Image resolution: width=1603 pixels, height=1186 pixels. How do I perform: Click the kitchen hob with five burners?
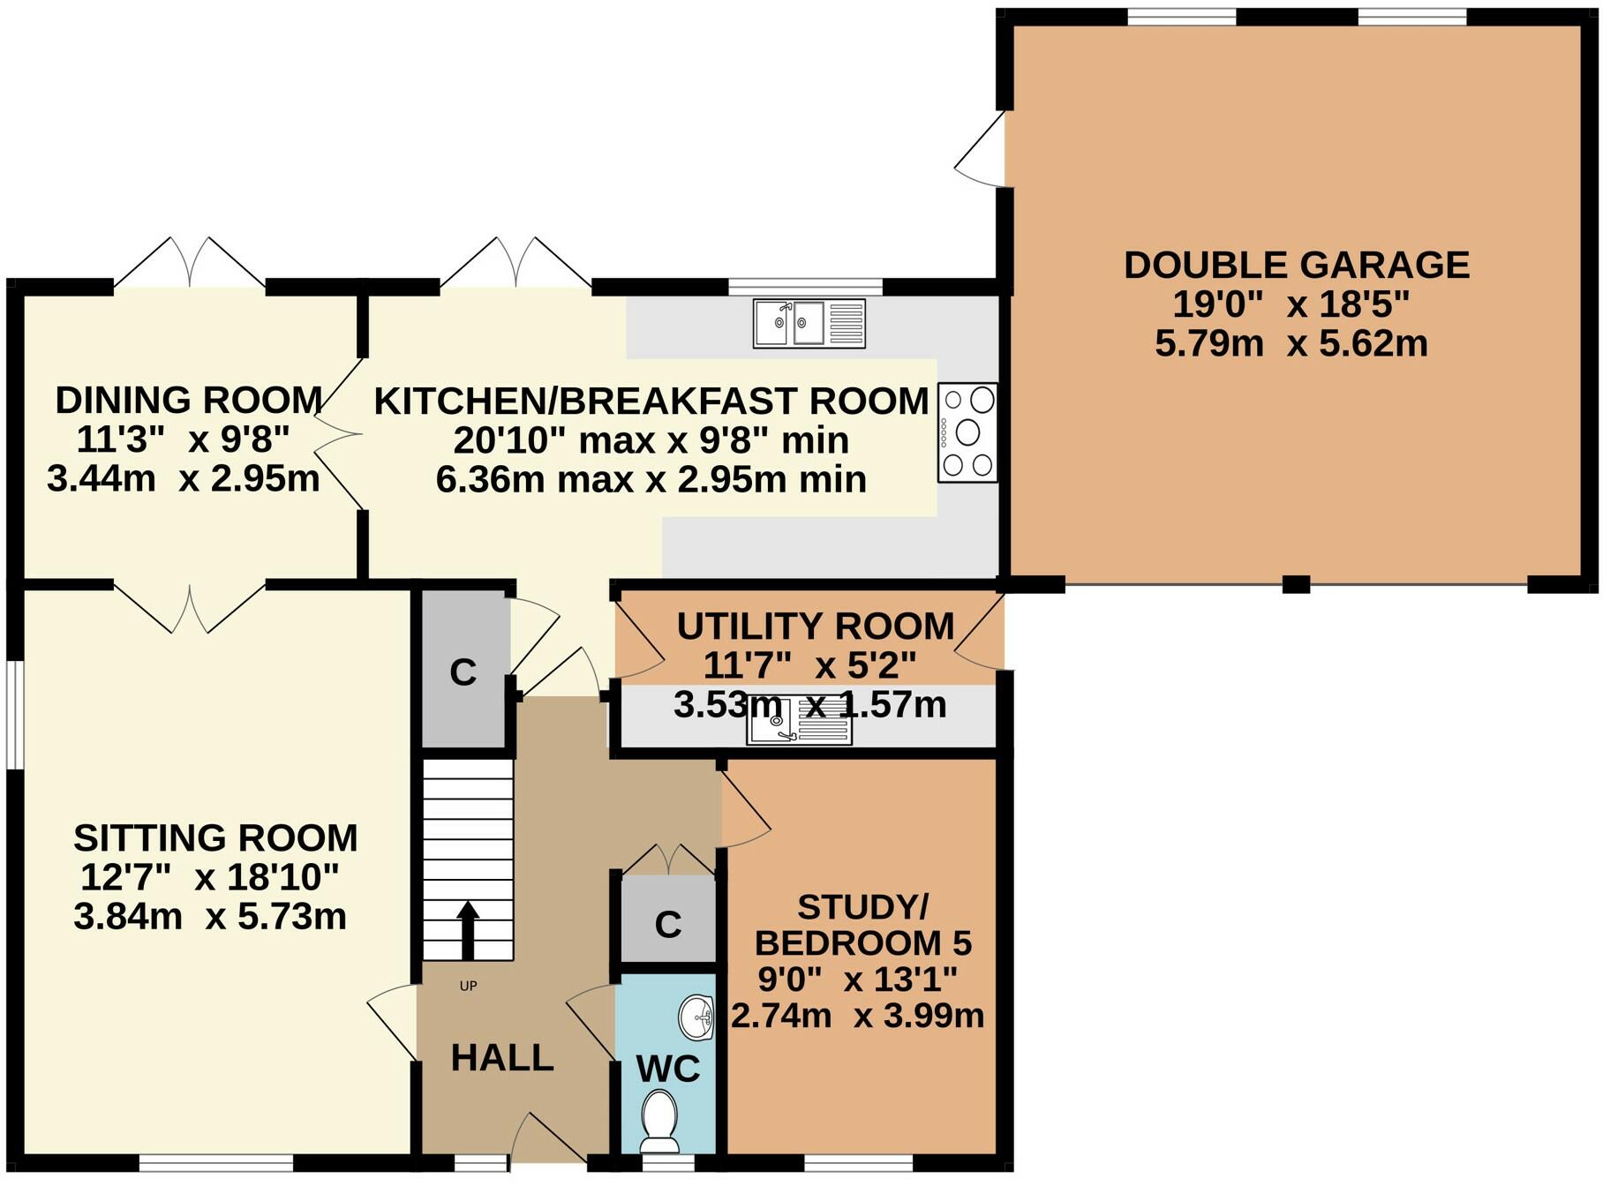967,432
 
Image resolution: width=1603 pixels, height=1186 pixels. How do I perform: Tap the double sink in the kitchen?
809,324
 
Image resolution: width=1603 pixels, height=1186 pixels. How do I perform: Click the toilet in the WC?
659,1119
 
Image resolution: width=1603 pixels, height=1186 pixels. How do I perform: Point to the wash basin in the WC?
697,1017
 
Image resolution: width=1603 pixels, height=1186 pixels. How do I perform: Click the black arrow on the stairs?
468,931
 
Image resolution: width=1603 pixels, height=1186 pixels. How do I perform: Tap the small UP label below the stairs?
468,986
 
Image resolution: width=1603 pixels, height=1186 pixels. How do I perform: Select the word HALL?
502,1057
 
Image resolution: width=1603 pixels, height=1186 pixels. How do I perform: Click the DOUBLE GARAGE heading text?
1296,265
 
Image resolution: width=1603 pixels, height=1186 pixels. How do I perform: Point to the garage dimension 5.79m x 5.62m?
1291,343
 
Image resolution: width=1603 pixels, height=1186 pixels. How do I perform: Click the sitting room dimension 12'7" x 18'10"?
210,877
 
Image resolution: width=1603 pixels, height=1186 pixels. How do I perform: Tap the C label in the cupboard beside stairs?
463,672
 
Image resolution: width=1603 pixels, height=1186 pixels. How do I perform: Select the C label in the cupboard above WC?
668,925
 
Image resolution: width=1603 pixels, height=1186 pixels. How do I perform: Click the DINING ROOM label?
188,400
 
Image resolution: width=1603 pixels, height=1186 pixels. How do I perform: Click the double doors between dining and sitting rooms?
190,607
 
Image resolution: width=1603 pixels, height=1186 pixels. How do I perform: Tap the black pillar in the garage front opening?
1295,583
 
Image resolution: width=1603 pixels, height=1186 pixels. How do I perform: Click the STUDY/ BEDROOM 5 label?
862,925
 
